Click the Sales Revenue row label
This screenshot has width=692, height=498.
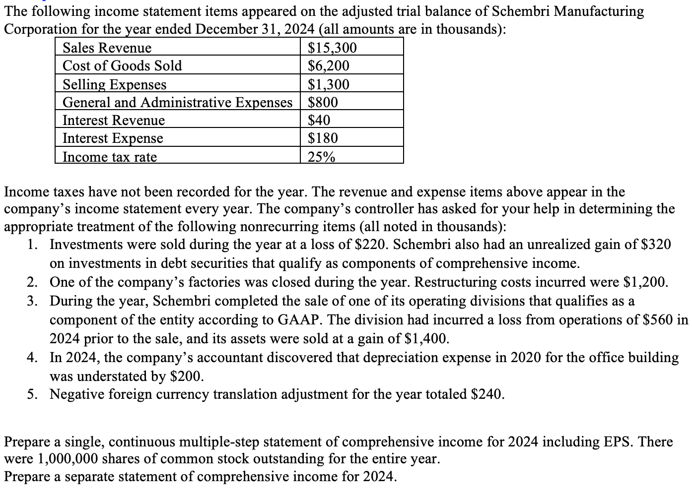tap(107, 48)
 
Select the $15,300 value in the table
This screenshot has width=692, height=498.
tap(332, 48)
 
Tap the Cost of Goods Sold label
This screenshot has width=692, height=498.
tap(122, 66)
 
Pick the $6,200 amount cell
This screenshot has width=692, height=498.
tap(329, 66)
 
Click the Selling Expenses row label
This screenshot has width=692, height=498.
tap(114, 84)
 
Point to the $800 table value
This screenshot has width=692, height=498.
tap(323, 102)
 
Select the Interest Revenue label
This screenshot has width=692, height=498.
tap(113, 121)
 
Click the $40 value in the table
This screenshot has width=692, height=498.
tap(319, 121)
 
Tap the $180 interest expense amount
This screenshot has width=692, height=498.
tap(323, 138)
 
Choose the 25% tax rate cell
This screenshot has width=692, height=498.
tap(321, 157)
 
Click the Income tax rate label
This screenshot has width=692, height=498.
tap(109, 157)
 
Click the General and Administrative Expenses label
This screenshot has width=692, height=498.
tap(177, 102)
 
